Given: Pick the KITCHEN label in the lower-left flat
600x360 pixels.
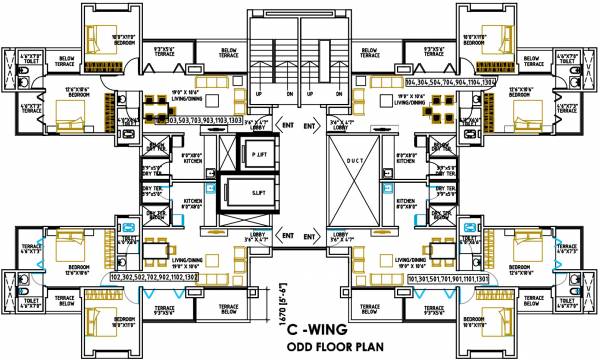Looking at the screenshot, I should pos(191,205).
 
